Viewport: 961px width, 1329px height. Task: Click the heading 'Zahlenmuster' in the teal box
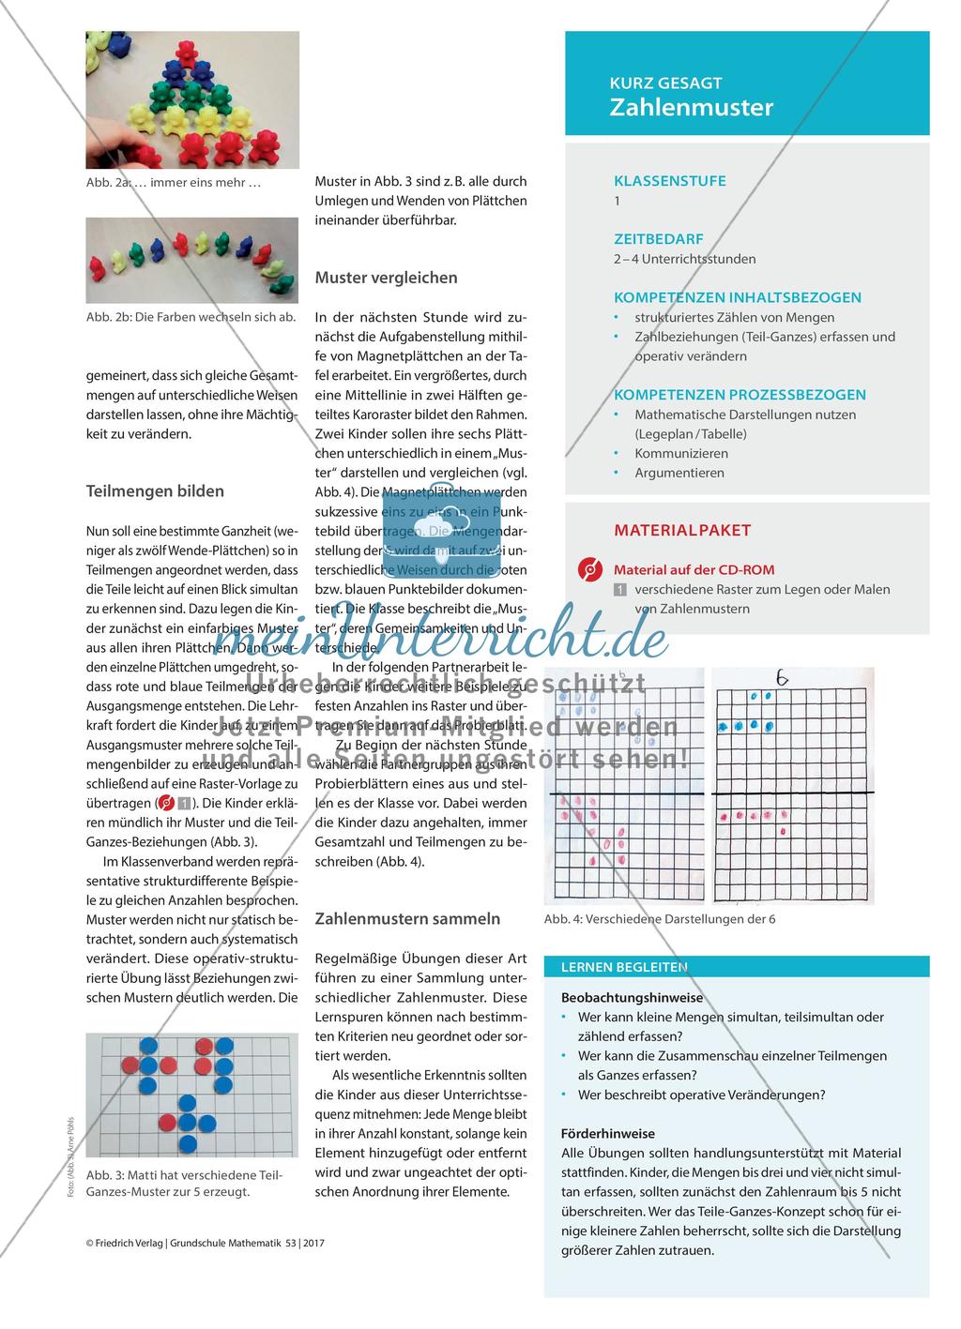[x=692, y=107]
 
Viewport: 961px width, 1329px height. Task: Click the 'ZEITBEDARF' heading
[x=659, y=239]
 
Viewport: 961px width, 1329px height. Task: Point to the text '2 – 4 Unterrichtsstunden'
[x=684, y=259]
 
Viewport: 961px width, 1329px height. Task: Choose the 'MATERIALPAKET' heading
[x=682, y=530]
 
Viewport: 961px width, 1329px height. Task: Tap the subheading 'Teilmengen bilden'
[x=155, y=491]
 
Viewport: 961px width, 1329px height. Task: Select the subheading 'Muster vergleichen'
[x=387, y=278]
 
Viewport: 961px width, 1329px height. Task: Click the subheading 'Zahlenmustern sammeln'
[x=407, y=918]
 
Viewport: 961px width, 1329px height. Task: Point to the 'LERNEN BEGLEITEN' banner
[x=624, y=967]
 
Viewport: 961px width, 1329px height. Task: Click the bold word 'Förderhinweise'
[x=608, y=1133]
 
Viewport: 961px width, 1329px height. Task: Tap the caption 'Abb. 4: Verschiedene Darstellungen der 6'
[x=660, y=919]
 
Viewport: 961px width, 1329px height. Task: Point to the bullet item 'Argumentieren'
[x=679, y=473]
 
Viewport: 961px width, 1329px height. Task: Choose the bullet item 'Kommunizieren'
[x=681, y=453]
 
